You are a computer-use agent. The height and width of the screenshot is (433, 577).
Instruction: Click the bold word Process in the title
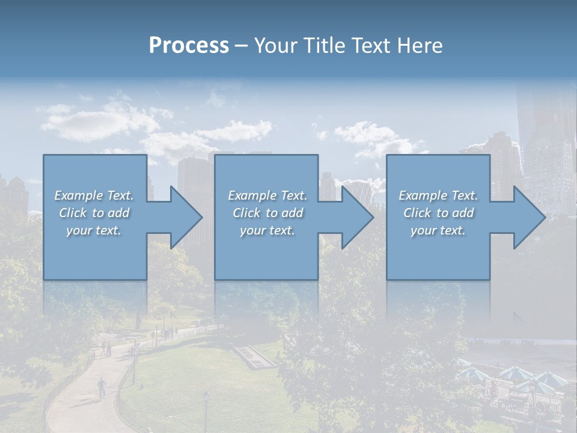(189, 46)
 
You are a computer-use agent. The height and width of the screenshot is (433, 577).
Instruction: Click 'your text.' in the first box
(94, 230)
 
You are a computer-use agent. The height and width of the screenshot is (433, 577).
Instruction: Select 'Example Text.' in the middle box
(267, 195)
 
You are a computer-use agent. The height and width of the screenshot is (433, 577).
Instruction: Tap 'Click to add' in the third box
(438, 213)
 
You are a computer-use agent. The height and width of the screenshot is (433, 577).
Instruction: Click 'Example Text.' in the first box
(94, 195)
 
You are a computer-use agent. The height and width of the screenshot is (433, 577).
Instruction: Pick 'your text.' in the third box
(438, 230)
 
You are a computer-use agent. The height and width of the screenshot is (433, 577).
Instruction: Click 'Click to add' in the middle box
(267, 213)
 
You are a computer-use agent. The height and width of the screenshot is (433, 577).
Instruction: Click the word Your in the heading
(277, 46)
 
